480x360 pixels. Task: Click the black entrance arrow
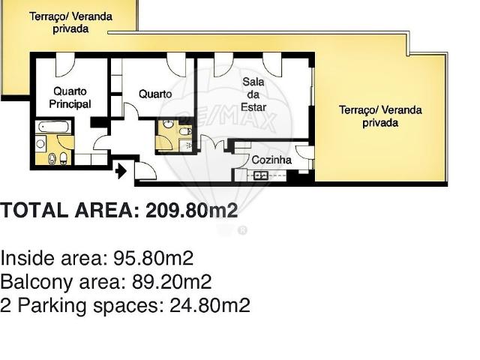[120, 172]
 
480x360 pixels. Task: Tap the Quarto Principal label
[70, 98]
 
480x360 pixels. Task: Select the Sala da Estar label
[253, 94]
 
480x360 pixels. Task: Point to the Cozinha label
[271, 160]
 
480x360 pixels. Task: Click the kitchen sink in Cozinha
[261, 175]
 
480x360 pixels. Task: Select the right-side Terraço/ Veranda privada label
[380, 115]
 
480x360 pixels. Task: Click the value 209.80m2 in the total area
[192, 211]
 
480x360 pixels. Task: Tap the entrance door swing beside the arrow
[145, 171]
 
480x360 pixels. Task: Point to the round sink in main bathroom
[41, 142]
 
